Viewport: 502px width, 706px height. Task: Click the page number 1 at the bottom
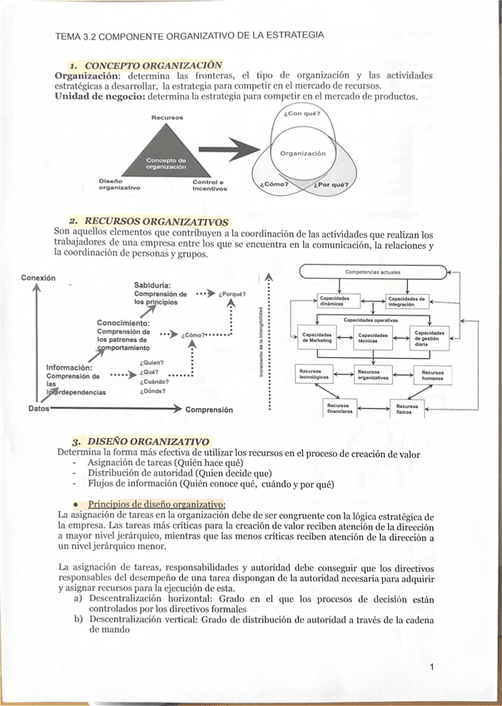433,666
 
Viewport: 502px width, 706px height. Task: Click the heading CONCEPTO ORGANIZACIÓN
154,64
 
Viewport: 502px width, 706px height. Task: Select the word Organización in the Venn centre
303,153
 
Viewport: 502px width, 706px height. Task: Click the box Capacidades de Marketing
316,337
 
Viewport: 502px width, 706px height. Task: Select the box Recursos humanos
433,375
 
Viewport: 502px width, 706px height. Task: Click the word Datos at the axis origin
38,409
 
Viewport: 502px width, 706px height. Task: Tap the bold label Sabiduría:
152,286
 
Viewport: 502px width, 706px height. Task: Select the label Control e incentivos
209,185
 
